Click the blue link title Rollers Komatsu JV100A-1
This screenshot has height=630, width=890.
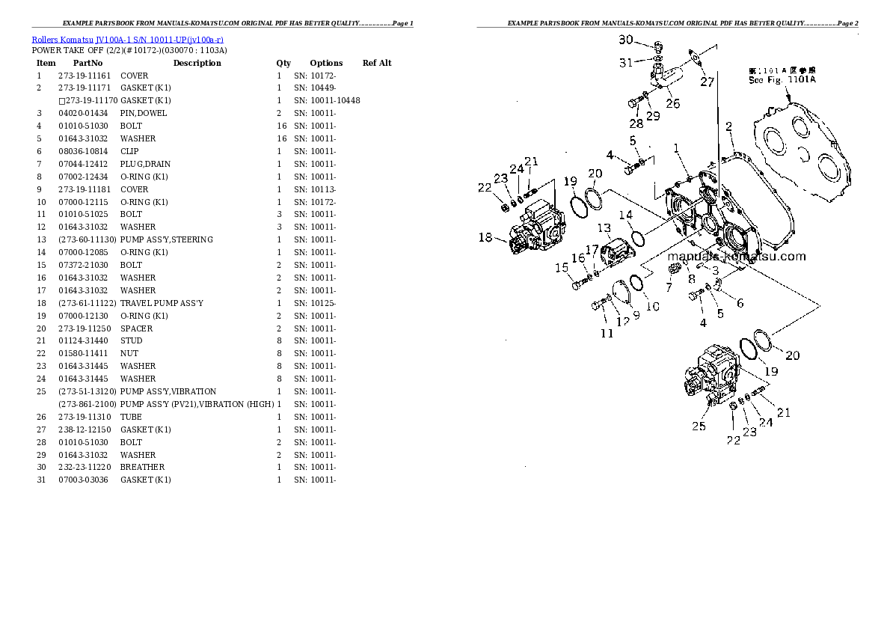tap(127, 39)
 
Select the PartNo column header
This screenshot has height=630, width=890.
tap(88, 63)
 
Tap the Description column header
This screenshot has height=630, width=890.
tap(197, 63)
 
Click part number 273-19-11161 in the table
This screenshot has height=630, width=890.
tap(84, 76)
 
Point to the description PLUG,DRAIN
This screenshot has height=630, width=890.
tap(145, 164)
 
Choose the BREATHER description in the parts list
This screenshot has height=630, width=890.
tap(142, 467)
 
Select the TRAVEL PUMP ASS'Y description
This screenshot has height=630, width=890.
tap(162, 303)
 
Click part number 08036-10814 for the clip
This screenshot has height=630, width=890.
tap(84, 151)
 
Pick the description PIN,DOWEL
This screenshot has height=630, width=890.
tap(144, 113)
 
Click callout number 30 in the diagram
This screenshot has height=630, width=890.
tap(625, 40)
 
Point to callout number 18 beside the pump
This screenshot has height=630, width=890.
tap(485, 238)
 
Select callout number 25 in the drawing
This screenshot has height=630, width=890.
tap(698, 426)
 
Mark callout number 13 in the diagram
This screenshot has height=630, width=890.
tap(604, 228)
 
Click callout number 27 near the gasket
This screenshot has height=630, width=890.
tap(708, 82)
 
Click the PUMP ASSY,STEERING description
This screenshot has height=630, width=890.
tap(166, 239)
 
